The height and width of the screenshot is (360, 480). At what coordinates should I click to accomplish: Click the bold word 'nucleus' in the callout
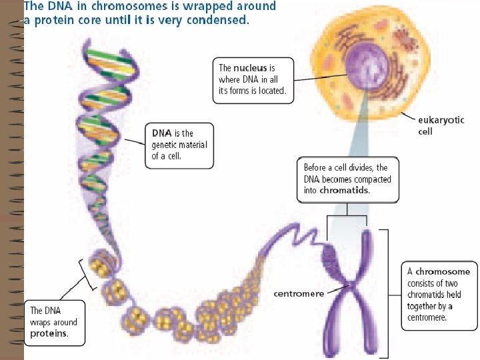point(251,67)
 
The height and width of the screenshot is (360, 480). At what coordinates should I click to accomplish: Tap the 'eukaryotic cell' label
point(441,125)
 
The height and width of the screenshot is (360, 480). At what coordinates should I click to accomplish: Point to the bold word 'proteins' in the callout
point(49,333)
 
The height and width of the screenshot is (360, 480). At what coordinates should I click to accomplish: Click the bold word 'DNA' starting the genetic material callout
point(162,133)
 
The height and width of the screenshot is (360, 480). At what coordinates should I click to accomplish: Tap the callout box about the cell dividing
point(347,179)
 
